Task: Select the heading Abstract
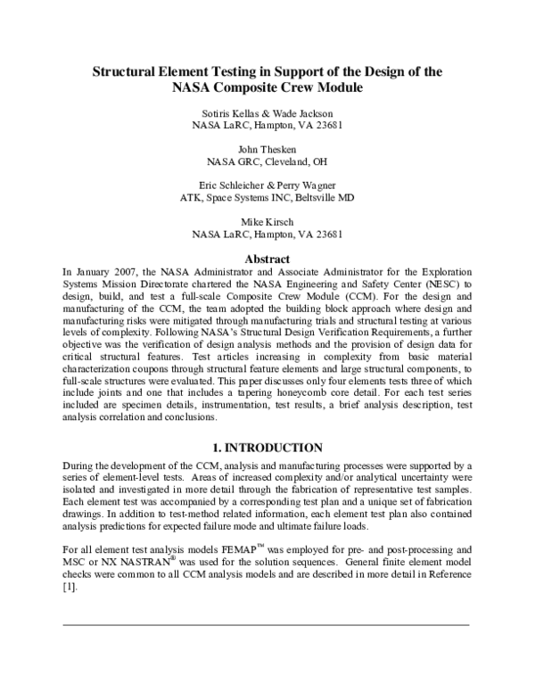pyautogui.click(x=267, y=259)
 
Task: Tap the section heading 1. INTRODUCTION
pyautogui.click(x=267, y=448)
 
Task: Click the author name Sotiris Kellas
pyautogui.click(x=228, y=112)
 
